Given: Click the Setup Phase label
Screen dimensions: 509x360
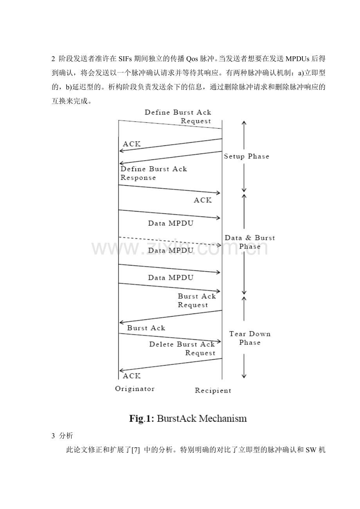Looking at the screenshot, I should pyautogui.click(x=247, y=156).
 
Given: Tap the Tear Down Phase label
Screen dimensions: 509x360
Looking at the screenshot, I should pyautogui.click(x=250, y=338).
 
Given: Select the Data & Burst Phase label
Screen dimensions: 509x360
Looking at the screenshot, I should pyautogui.click(x=250, y=242).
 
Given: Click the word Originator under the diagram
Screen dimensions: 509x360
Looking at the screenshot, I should pyautogui.click(x=135, y=389).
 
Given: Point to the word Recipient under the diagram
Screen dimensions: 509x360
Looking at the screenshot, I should pyautogui.click(x=213, y=390).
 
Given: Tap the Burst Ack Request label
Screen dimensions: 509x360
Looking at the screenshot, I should pyautogui.click(x=196, y=301).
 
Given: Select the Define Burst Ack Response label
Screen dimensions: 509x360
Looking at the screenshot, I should pyautogui.click(x=153, y=173).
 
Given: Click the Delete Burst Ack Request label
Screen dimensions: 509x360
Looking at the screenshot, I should pyautogui.click(x=182, y=349).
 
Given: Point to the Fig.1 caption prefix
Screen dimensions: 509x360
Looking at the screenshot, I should pyautogui.click(x=142, y=419).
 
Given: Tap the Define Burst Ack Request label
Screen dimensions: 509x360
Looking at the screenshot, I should pyautogui.click(x=178, y=116).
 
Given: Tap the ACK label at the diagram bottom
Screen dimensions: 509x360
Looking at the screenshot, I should pyautogui.click(x=131, y=376).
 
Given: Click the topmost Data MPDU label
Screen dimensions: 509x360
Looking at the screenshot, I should pyautogui.click(x=171, y=224).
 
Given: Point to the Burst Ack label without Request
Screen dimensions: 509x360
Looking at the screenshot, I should pyautogui.click(x=146, y=328).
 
